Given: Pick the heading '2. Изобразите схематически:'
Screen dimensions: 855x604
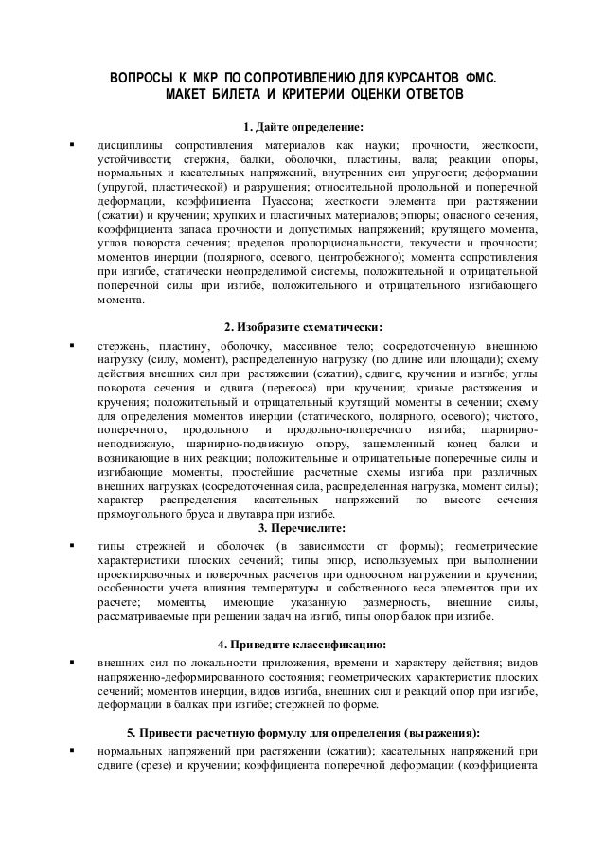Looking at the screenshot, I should click(303, 325).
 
